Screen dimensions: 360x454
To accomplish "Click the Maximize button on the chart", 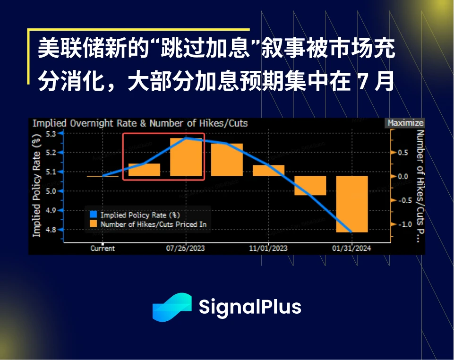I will [x=405, y=123].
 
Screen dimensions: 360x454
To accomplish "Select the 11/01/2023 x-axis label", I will [x=268, y=248].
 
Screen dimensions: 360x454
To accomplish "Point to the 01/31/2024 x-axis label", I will [x=351, y=248].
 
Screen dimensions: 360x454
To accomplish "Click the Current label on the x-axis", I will [x=103, y=248].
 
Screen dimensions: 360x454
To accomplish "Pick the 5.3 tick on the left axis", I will [x=51, y=134].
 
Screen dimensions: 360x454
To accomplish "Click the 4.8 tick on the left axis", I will [x=51, y=230].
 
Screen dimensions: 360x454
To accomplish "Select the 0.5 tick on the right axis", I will [x=403, y=153].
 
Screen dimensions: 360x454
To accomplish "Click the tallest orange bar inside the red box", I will [x=186, y=157].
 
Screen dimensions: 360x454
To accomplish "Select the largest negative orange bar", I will [x=352, y=204].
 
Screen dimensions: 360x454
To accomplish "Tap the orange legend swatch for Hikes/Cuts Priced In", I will [x=93, y=224].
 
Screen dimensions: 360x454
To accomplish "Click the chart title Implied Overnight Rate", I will [x=140, y=123].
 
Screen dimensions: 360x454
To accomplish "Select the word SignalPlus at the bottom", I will [x=250, y=307].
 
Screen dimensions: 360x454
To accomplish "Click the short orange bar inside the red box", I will [x=144, y=170].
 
